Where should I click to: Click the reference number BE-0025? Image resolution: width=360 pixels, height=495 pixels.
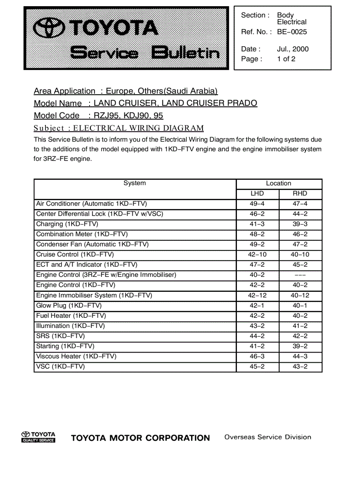click(292, 32)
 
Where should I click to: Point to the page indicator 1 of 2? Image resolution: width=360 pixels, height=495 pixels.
click(286, 59)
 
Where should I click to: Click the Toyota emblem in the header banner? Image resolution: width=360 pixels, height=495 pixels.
click(50, 29)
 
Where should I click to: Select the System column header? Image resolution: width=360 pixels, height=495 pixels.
click(135, 183)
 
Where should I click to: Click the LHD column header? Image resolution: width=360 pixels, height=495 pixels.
click(257, 194)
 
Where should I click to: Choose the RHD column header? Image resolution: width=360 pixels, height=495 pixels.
click(300, 194)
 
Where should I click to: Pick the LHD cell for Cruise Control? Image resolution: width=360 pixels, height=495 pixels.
click(257, 255)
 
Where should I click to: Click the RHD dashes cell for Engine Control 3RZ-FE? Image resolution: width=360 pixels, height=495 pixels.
click(300, 275)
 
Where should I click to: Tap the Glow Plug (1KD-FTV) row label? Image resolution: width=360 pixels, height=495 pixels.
click(69, 305)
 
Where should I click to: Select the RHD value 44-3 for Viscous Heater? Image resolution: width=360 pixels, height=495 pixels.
click(300, 356)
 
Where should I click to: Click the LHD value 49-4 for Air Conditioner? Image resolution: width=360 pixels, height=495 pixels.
click(257, 204)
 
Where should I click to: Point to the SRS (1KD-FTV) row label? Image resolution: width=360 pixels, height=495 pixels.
click(60, 336)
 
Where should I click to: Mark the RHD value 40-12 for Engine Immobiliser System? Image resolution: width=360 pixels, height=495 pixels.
click(300, 295)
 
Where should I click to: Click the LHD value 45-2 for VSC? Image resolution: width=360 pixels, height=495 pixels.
click(257, 366)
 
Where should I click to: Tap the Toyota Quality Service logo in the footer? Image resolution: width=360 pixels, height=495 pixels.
click(38, 437)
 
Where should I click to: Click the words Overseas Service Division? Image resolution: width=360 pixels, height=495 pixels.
click(268, 437)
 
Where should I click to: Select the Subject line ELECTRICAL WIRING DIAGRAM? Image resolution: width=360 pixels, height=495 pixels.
click(138, 128)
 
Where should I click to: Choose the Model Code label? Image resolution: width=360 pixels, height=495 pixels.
click(57, 115)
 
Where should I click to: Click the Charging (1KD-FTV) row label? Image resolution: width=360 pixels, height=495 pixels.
click(67, 224)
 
